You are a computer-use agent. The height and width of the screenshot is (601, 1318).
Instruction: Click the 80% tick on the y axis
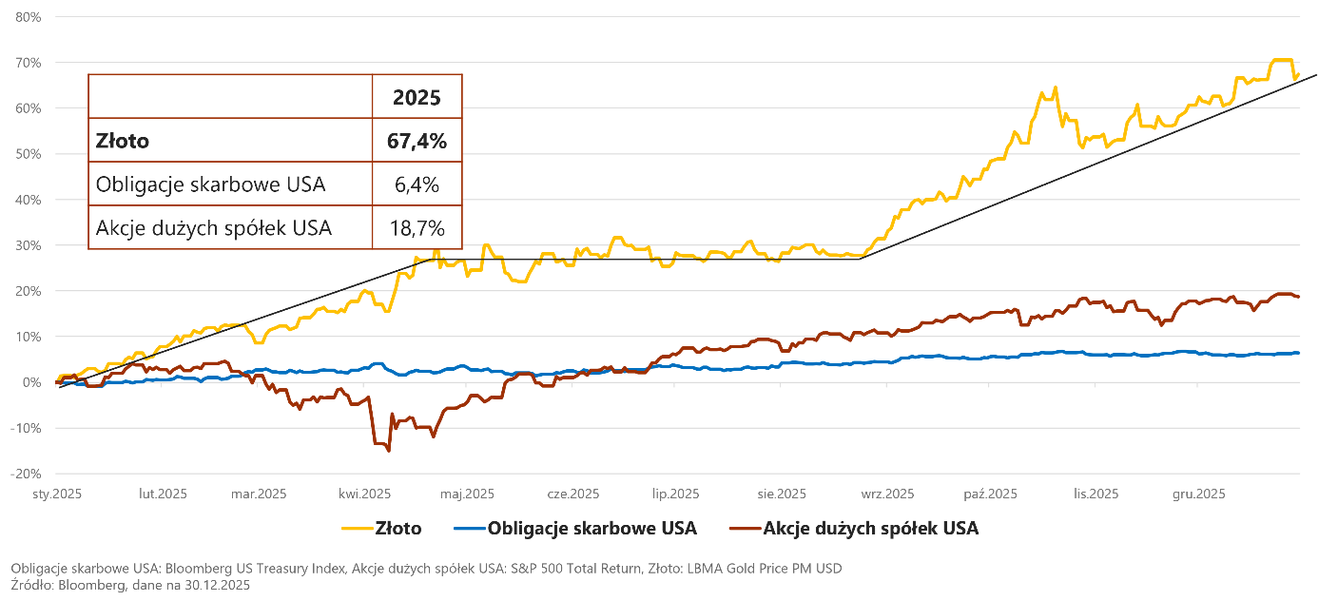[x=29, y=17]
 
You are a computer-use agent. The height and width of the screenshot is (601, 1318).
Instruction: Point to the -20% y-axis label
[x=26, y=474]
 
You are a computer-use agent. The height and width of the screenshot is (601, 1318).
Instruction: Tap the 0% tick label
[x=31, y=382]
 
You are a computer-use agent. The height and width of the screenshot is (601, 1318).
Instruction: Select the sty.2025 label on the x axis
[x=57, y=494]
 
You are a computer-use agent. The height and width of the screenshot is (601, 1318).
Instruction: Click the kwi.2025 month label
[x=364, y=494]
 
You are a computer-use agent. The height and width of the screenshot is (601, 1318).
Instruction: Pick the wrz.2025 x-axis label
[x=887, y=494]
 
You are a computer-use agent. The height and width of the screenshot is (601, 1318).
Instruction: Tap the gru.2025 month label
[x=1198, y=494]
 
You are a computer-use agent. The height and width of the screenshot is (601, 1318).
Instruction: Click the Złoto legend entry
[x=381, y=528]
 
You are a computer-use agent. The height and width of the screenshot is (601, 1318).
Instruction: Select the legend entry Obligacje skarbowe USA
[x=575, y=528]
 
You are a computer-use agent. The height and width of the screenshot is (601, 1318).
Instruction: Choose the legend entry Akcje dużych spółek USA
[x=854, y=528]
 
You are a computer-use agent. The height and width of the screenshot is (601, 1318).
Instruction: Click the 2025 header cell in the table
[x=417, y=97]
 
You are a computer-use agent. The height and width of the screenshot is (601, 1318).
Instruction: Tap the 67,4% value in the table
[x=417, y=141]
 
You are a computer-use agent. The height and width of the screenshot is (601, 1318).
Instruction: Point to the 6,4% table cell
[x=417, y=184]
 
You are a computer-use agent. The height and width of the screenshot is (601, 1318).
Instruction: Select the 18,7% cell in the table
[x=417, y=228]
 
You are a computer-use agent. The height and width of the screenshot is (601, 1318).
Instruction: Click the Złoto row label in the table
[x=123, y=141]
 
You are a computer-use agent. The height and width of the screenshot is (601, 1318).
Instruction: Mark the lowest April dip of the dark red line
[x=388, y=451]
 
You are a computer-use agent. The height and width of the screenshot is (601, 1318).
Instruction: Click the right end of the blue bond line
[x=1299, y=353]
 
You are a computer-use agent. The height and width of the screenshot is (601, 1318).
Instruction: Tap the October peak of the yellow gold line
[x=1055, y=87]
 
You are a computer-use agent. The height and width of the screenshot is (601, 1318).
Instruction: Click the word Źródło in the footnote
[x=31, y=585]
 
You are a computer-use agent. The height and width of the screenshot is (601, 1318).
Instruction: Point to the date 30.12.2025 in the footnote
[x=217, y=585]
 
